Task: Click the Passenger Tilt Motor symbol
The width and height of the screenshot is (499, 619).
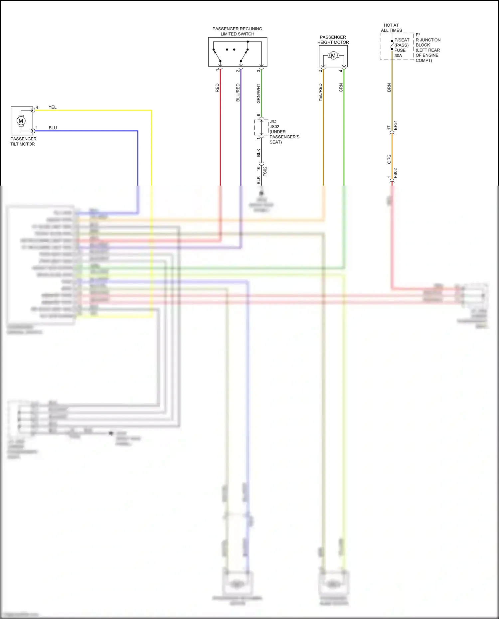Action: (x=21, y=120)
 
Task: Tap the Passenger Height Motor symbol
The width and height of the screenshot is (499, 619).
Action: (x=333, y=56)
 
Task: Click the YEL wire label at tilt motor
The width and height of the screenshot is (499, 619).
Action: (x=53, y=107)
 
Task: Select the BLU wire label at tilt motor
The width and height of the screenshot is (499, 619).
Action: (x=53, y=128)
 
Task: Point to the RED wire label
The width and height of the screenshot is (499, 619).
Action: (x=217, y=88)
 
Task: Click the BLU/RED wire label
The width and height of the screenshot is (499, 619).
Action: (x=238, y=92)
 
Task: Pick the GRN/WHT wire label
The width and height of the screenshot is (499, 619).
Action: (x=258, y=93)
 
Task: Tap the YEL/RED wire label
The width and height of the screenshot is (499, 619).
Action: (x=320, y=92)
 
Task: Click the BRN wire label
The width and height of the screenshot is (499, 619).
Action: (x=389, y=88)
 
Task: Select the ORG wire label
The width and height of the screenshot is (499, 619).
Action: (x=389, y=159)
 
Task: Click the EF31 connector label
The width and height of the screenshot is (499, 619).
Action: (x=396, y=125)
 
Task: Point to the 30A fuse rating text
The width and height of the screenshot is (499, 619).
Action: (x=398, y=56)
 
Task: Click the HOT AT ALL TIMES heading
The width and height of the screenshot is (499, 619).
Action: (x=391, y=28)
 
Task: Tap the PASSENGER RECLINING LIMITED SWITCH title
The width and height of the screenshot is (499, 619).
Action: (x=237, y=31)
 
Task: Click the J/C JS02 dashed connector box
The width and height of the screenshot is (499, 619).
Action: (x=261, y=127)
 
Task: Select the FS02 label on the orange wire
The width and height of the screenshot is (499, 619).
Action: (x=396, y=173)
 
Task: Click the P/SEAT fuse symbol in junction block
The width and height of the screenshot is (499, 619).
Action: (x=392, y=45)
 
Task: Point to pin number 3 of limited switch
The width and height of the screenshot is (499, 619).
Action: (x=258, y=71)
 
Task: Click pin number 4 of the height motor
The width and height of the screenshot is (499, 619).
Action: (x=341, y=71)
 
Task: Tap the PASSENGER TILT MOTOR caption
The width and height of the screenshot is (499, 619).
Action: (x=23, y=141)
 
